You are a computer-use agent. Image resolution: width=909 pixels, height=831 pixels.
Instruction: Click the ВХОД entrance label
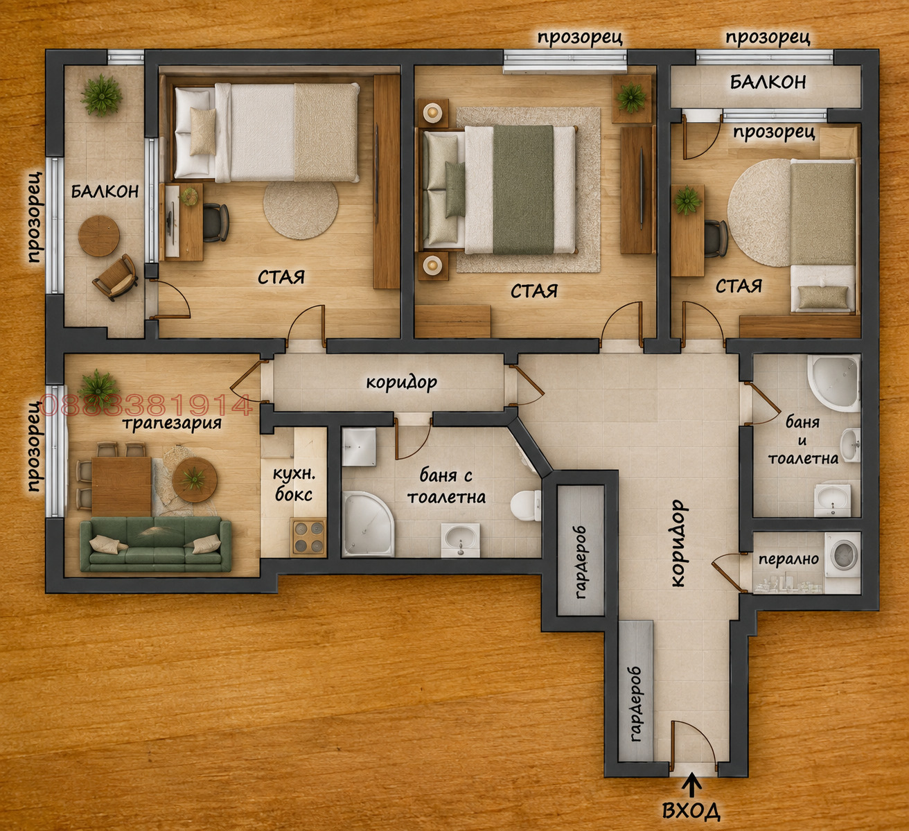pyautogui.click(x=691, y=811)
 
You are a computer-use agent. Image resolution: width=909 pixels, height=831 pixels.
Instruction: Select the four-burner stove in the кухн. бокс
pyautogui.click(x=310, y=538)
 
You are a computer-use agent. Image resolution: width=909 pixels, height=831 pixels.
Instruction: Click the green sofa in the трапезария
pyautogui.click(x=155, y=545)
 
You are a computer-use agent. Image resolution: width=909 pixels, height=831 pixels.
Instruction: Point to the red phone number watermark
pyautogui.click(x=145, y=405)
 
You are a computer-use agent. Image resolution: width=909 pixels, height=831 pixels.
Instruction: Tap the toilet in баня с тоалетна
pyautogui.click(x=526, y=505)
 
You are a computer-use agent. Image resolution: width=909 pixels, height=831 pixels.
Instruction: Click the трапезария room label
pyautogui.click(x=172, y=423)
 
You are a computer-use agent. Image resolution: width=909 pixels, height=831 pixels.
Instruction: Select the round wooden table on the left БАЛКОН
pyautogui.click(x=99, y=236)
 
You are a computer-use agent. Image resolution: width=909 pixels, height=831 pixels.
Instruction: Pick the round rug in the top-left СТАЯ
pyautogui.click(x=301, y=210)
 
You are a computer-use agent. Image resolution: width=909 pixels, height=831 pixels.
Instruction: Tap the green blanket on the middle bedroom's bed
pyautogui.click(x=523, y=189)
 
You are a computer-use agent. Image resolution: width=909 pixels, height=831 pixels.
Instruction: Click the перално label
pyautogui.click(x=788, y=559)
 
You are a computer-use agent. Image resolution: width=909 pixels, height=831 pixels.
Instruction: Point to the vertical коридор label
pyautogui.click(x=678, y=543)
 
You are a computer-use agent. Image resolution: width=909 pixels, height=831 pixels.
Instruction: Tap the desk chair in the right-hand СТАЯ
pyautogui.click(x=716, y=238)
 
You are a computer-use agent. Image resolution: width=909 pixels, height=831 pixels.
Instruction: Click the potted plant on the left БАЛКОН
pyautogui.click(x=101, y=96)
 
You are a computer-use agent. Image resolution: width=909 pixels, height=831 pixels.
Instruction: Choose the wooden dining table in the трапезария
pyautogui.click(x=121, y=487)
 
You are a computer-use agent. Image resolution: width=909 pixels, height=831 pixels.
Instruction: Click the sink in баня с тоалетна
pyautogui.click(x=461, y=540)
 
